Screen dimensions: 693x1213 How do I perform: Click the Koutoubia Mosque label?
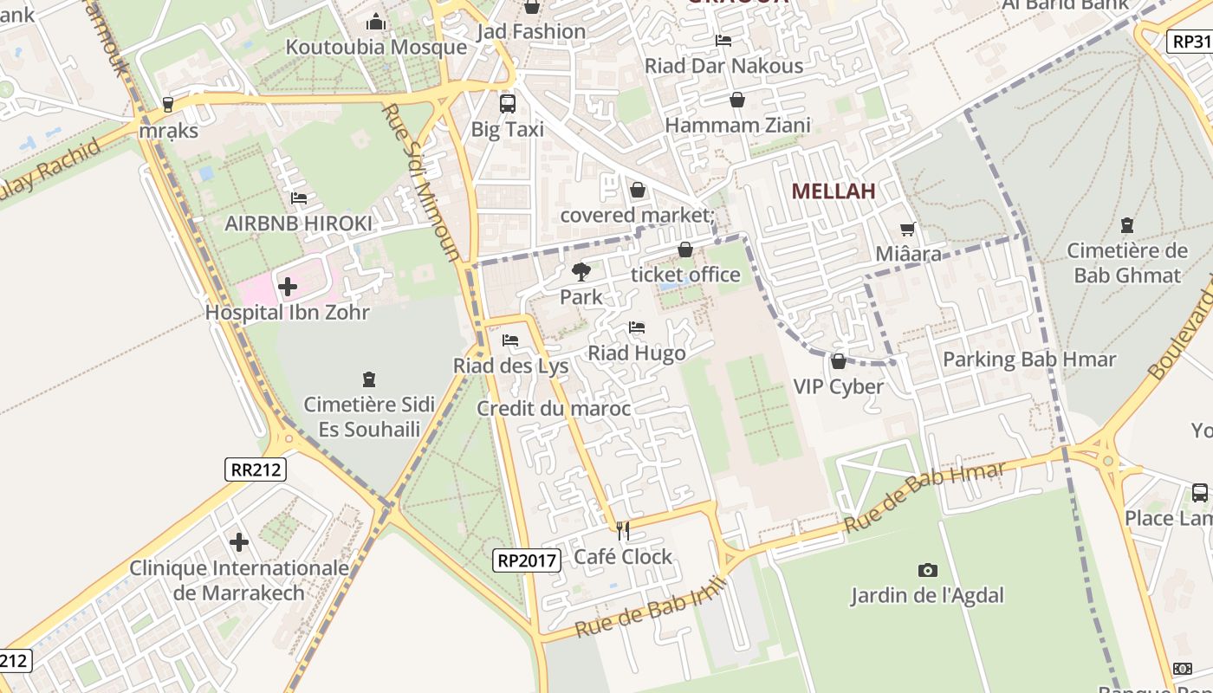(x=376, y=47)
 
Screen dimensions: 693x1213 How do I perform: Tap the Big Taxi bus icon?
(x=508, y=104)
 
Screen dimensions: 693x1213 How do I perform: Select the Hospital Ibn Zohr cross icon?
(x=288, y=286)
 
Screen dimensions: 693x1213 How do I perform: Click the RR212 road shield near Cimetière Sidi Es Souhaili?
(x=256, y=470)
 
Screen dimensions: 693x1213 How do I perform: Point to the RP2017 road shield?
(x=527, y=560)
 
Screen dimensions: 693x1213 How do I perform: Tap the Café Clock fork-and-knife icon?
(x=622, y=530)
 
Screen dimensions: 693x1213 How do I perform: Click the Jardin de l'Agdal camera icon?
(x=927, y=570)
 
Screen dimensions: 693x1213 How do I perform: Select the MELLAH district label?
(x=834, y=191)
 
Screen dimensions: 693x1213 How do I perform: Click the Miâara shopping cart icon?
(x=907, y=229)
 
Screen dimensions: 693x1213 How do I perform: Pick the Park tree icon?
(x=581, y=272)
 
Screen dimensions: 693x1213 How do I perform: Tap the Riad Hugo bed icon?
(x=637, y=327)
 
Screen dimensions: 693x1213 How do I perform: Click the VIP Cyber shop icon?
(x=838, y=360)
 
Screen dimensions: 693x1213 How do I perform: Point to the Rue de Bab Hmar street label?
(x=924, y=496)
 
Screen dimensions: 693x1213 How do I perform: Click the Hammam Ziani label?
(x=737, y=126)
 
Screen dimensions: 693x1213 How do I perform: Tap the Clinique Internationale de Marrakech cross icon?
(x=239, y=543)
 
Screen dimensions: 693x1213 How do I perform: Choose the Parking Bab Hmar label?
(x=1028, y=359)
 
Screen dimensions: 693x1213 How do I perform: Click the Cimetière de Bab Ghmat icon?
(x=1126, y=225)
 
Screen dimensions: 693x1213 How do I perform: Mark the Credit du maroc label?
(x=554, y=409)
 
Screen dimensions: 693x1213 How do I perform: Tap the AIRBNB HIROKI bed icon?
(x=299, y=198)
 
